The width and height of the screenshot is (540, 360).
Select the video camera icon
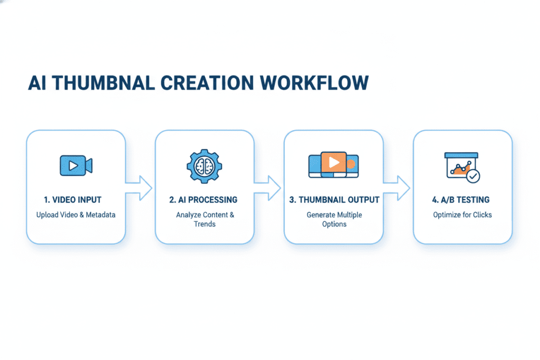pyautogui.click(x=76, y=165)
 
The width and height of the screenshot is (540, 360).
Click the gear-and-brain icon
pyautogui.click(x=204, y=165)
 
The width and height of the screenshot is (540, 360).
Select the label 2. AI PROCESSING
pyautogui.click(x=204, y=200)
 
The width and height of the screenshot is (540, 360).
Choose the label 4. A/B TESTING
pyautogui.click(x=462, y=200)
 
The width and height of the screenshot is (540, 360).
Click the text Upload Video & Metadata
pyautogui.click(x=75, y=215)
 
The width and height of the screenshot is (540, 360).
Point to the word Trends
pyautogui.click(x=204, y=224)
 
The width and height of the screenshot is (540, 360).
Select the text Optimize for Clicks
pyautogui.click(x=462, y=215)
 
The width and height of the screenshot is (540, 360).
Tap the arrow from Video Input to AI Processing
pyautogui.click(x=140, y=187)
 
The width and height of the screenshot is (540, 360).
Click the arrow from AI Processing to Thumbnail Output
pyautogui.click(x=268, y=187)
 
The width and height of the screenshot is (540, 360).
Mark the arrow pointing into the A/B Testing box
pyautogui.click(x=398, y=187)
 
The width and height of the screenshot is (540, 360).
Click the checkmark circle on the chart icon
pyautogui.click(x=474, y=176)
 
